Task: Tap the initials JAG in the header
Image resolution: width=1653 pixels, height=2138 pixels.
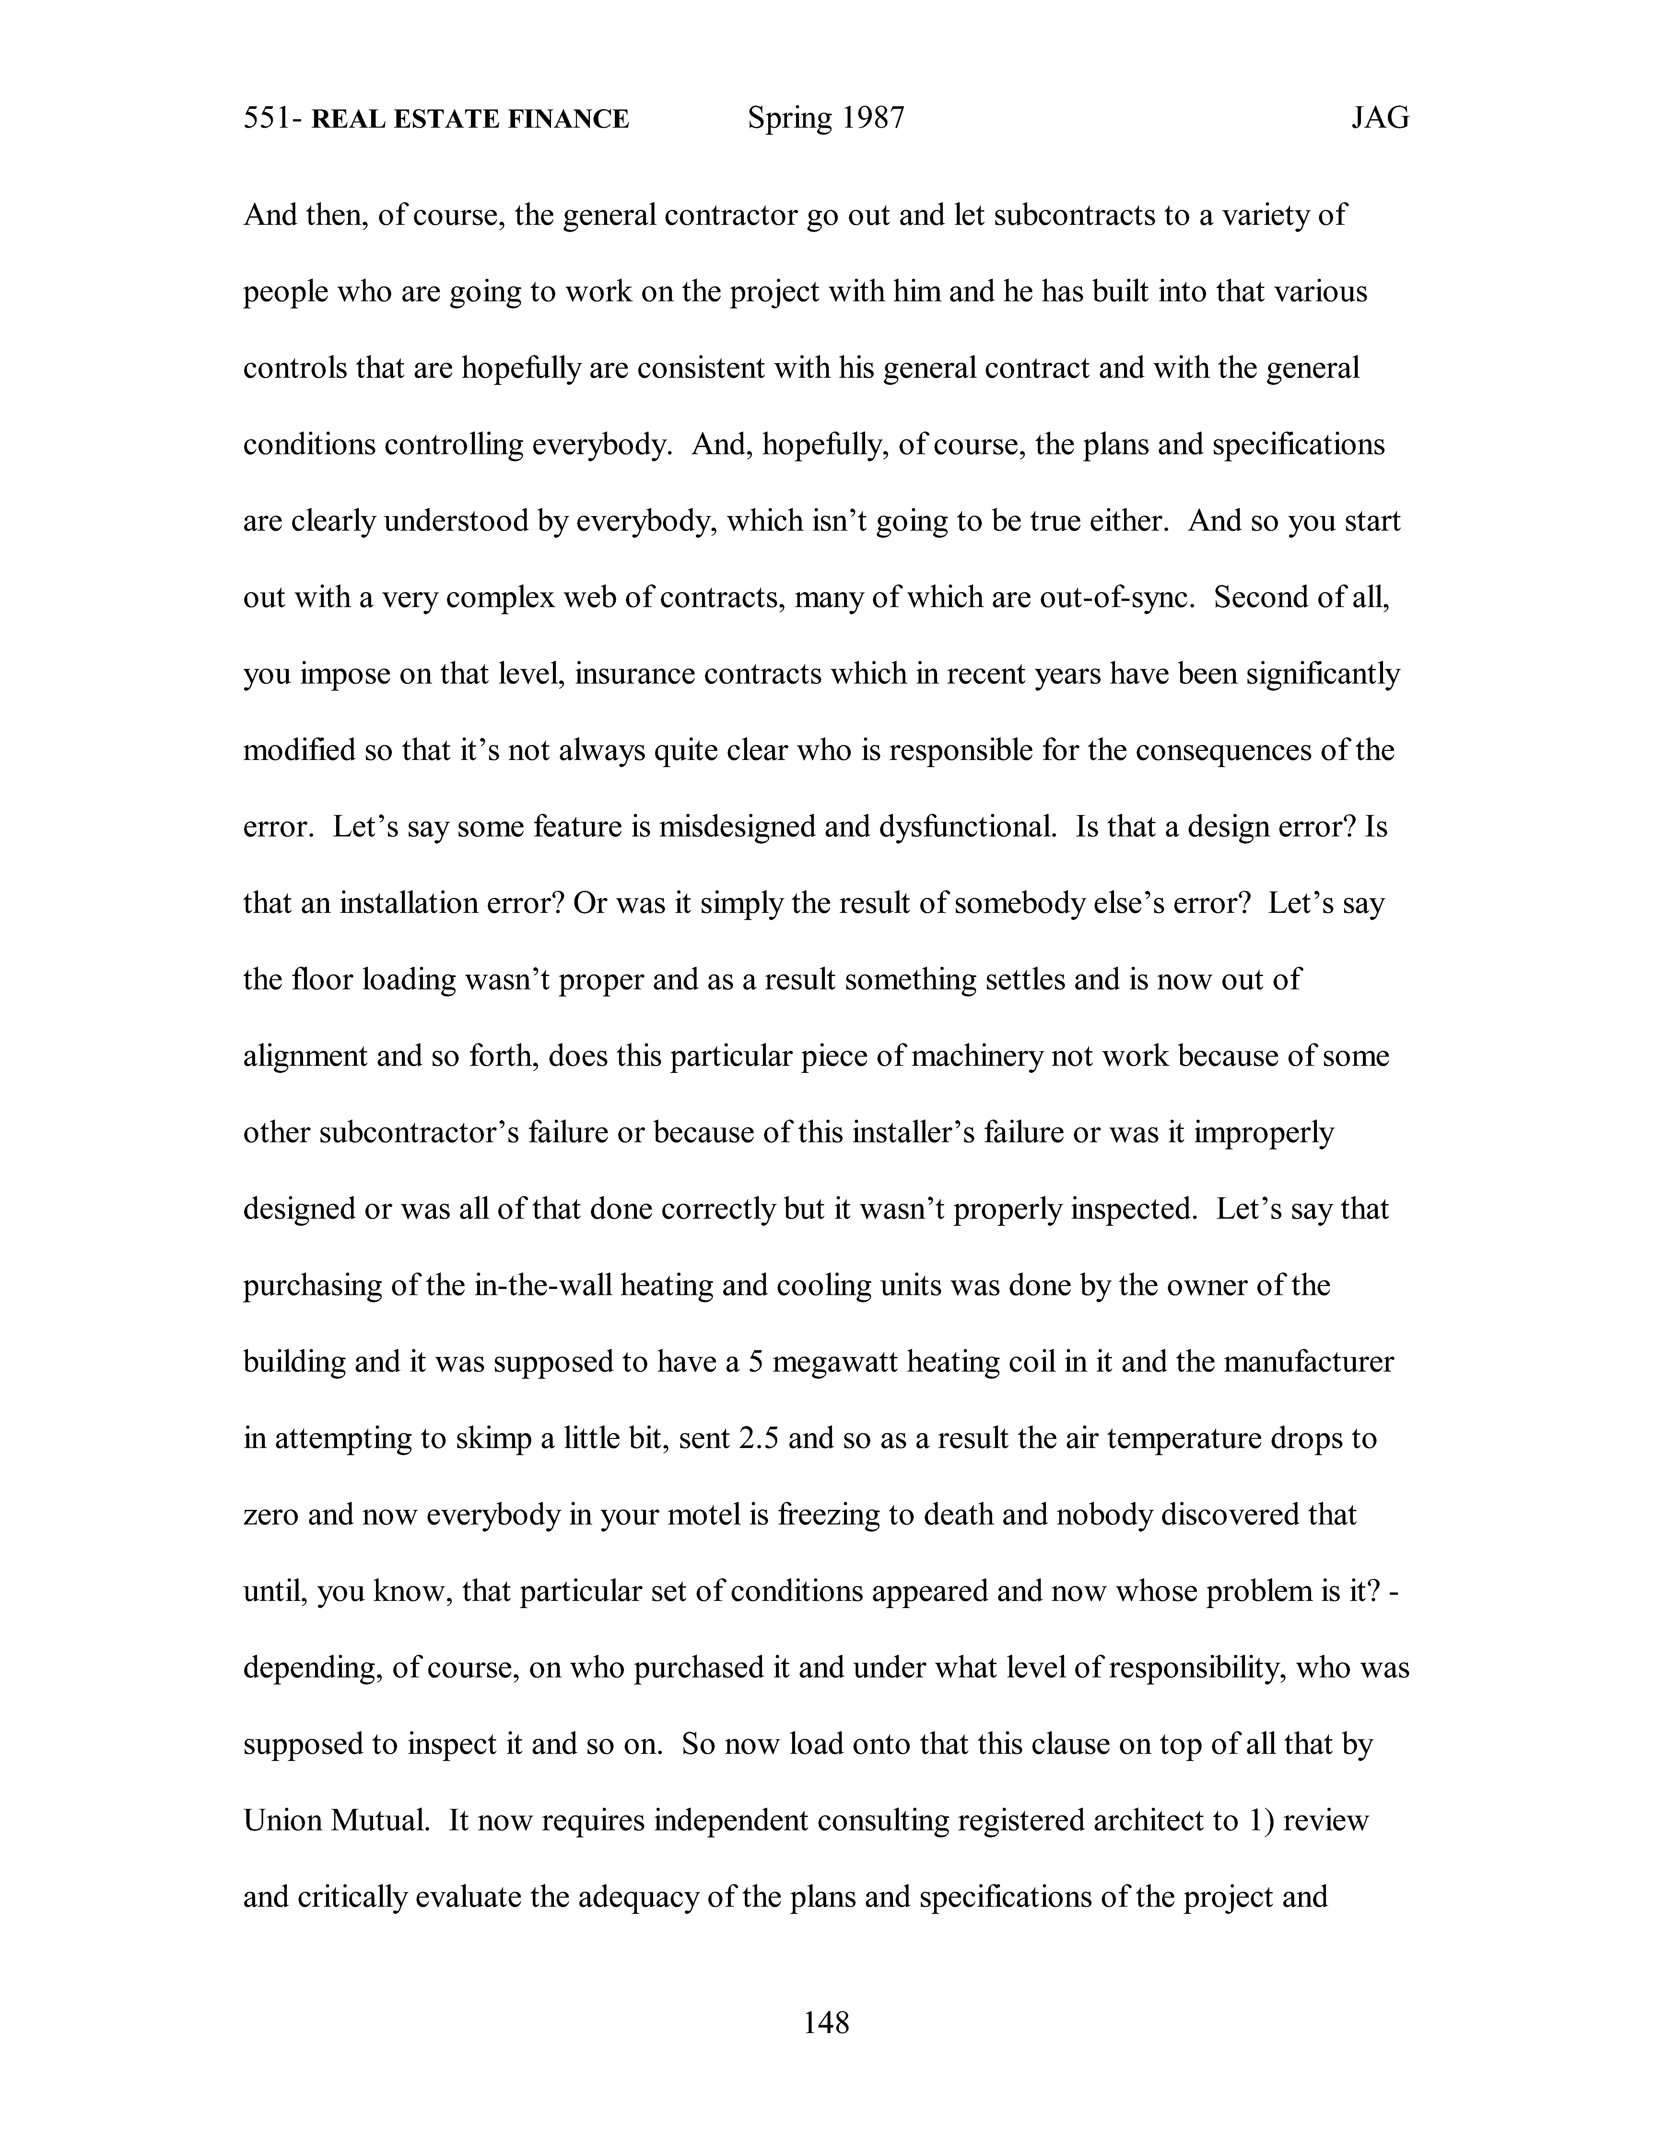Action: [x=1380, y=119]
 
